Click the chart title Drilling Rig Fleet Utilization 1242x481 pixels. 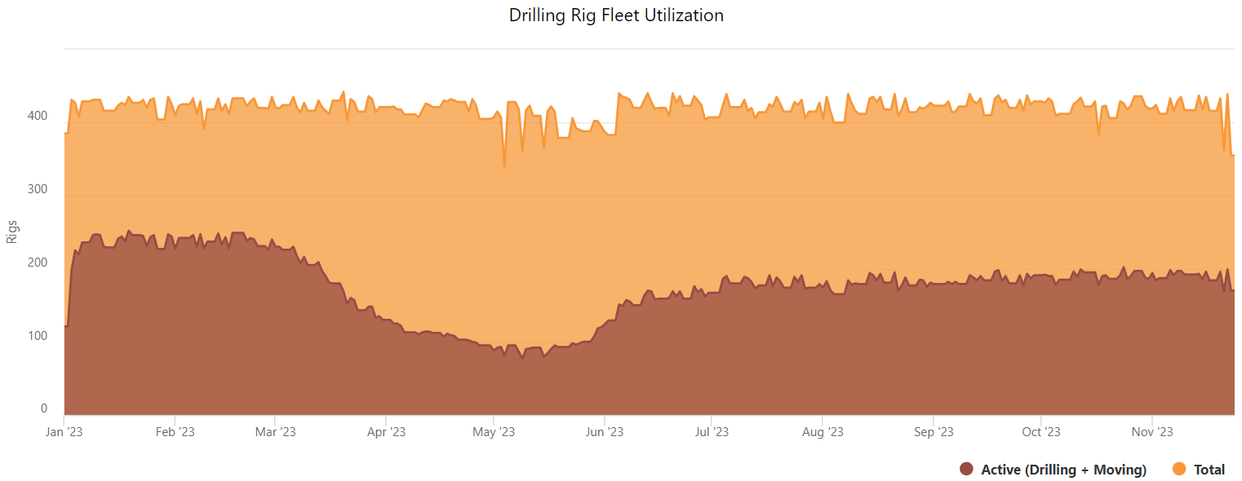pyautogui.click(x=616, y=15)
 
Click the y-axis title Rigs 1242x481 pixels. pyautogui.click(x=12, y=231)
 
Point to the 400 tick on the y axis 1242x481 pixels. pyautogui.click(x=39, y=116)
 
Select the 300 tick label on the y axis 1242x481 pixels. pyautogui.click(x=39, y=189)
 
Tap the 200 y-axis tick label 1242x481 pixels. pyautogui.click(x=39, y=263)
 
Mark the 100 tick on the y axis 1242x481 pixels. pyautogui.click(x=39, y=336)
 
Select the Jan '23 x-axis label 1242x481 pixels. pyautogui.click(x=64, y=432)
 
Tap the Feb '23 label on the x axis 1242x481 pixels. pyautogui.click(x=175, y=432)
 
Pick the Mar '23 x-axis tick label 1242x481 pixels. pyautogui.click(x=276, y=432)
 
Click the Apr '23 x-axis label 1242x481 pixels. pyautogui.click(x=386, y=432)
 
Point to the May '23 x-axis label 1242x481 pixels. pyautogui.click(x=494, y=432)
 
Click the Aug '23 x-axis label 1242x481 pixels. pyautogui.click(x=823, y=432)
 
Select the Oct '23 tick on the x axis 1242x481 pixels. pyautogui.click(x=1041, y=432)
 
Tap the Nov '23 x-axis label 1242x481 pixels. pyautogui.click(x=1152, y=432)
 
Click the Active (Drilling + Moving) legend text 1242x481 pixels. pyautogui.click(x=1063, y=470)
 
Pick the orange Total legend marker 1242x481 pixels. pyautogui.click(x=1179, y=469)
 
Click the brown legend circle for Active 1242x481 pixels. pyautogui.click(x=967, y=469)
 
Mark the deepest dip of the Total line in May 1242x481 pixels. pyautogui.click(x=504, y=166)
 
